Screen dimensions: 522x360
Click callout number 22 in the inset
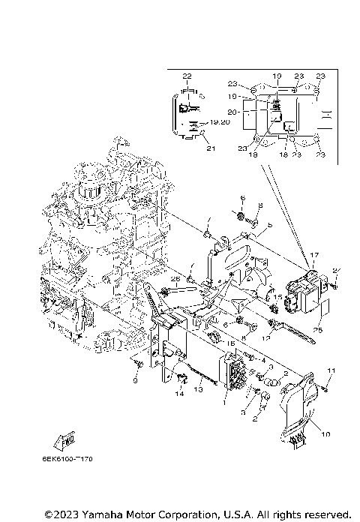pyautogui.click(x=187, y=76)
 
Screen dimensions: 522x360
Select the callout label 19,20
pyautogui.click(x=220, y=121)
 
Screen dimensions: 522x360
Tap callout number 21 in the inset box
pyautogui.click(x=211, y=148)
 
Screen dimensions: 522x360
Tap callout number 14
pyautogui.click(x=179, y=393)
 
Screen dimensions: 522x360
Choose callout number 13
pyautogui.click(x=200, y=389)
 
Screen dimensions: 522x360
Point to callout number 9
pyautogui.click(x=134, y=379)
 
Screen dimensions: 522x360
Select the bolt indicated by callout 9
pyautogui.click(x=139, y=364)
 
